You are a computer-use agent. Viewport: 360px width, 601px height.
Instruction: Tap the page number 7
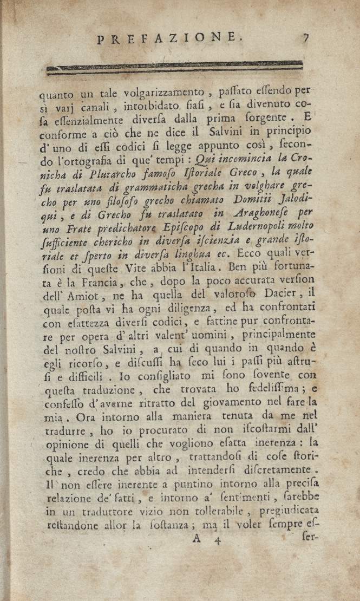(305, 37)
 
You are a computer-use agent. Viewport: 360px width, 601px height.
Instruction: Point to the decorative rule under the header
(174, 68)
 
